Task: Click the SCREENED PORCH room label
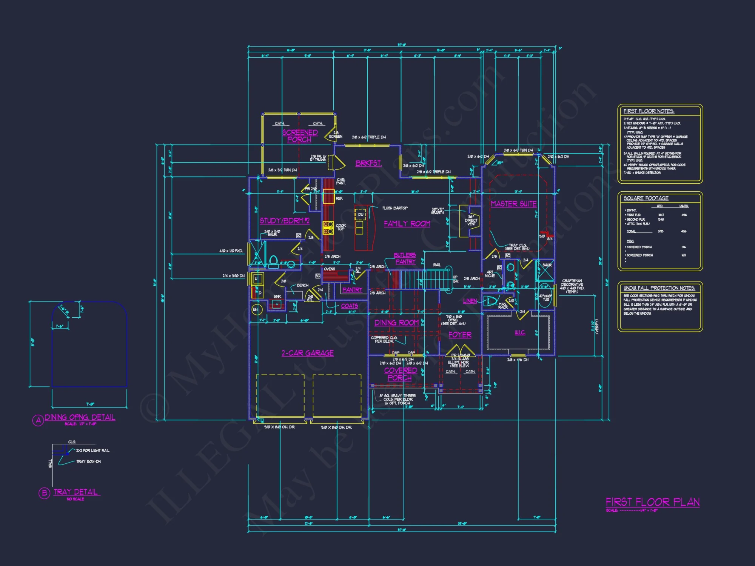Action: [x=300, y=136]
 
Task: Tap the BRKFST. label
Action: [x=368, y=163]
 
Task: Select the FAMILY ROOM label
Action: [x=407, y=224]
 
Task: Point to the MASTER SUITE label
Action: [x=513, y=204]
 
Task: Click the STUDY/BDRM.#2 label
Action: [x=285, y=221]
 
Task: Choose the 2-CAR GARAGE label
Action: [x=308, y=353]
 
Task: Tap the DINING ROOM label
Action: [x=396, y=323]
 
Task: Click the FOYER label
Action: [x=460, y=335]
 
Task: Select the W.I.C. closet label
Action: [x=520, y=332]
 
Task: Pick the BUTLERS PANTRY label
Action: [x=405, y=258]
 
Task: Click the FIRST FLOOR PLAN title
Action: [x=653, y=502]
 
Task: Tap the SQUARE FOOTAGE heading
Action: [x=646, y=198]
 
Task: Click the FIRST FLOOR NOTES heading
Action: [x=649, y=111]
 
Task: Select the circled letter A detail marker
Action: [x=38, y=420]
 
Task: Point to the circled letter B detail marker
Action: [x=44, y=493]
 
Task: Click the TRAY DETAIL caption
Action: [x=75, y=492]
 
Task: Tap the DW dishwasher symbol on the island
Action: [x=361, y=214]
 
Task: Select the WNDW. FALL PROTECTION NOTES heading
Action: [x=659, y=288]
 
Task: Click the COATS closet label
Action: [x=349, y=306]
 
